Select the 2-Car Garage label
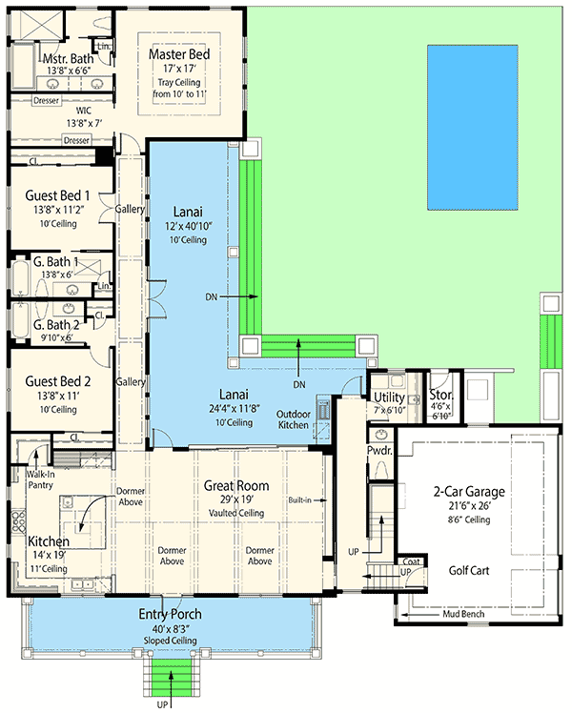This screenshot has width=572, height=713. [x=466, y=492]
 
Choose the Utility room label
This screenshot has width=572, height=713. [x=389, y=397]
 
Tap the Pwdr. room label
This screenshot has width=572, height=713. [x=379, y=450]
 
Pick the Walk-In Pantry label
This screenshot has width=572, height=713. [x=39, y=479]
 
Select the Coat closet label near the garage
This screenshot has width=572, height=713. [x=411, y=561]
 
